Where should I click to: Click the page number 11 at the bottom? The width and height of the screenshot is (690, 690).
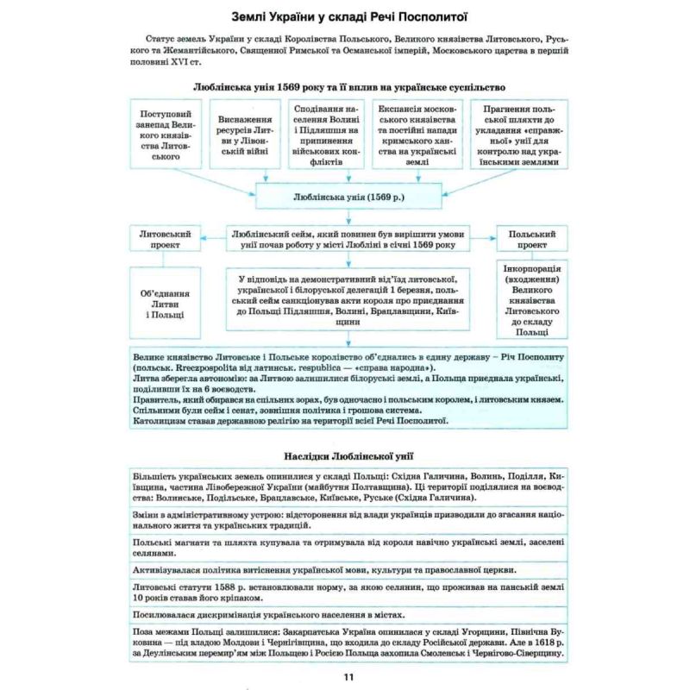click(x=348, y=678)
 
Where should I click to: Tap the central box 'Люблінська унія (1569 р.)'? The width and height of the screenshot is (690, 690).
click(x=349, y=198)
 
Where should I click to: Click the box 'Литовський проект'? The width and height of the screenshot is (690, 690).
click(x=166, y=240)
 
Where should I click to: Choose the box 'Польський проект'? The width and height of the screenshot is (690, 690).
click(x=532, y=240)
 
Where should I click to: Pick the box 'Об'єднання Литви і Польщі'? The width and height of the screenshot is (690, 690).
click(x=166, y=304)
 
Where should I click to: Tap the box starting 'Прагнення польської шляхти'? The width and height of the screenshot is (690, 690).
click(x=515, y=135)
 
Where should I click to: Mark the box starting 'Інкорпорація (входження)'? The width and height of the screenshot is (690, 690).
click(x=532, y=302)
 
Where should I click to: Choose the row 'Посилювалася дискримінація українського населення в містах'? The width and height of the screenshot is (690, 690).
click(x=348, y=615)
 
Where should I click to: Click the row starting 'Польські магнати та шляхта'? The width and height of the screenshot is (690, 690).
click(x=348, y=547)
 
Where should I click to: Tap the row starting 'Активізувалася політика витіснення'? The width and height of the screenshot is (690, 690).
click(x=348, y=570)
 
